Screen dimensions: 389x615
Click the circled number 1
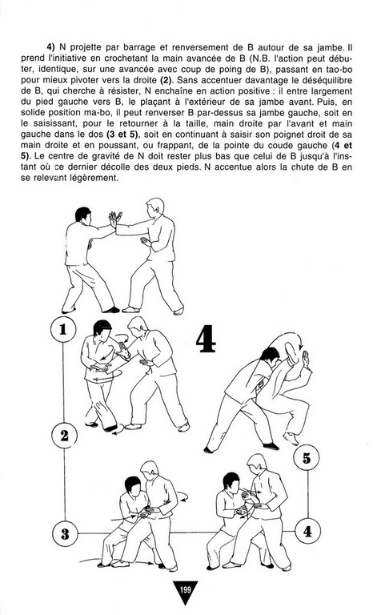pyautogui.click(x=63, y=329)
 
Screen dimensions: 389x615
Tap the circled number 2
pyautogui.click(x=64, y=436)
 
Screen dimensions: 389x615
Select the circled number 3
pyautogui.click(x=65, y=534)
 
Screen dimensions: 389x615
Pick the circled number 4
pyautogui.click(x=307, y=531)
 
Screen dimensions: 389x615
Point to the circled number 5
pyautogui.click(x=307, y=458)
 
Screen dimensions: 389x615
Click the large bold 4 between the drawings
pyautogui.click(x=206, y=339)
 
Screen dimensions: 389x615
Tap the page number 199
pyautogui.click(x=185, y=589)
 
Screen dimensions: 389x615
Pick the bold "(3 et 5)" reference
pyautogui.click(x=122, y=135)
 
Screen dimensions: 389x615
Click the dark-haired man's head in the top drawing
pyautogui.click(x=83, y=215)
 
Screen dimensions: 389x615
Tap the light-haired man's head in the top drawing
pyautogui.click(x=155, y=207)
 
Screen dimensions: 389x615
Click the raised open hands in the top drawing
pyautogui.click(x=115, y=219)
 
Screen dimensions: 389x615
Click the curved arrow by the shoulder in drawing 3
pyautogui.click(x=182, y=496)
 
